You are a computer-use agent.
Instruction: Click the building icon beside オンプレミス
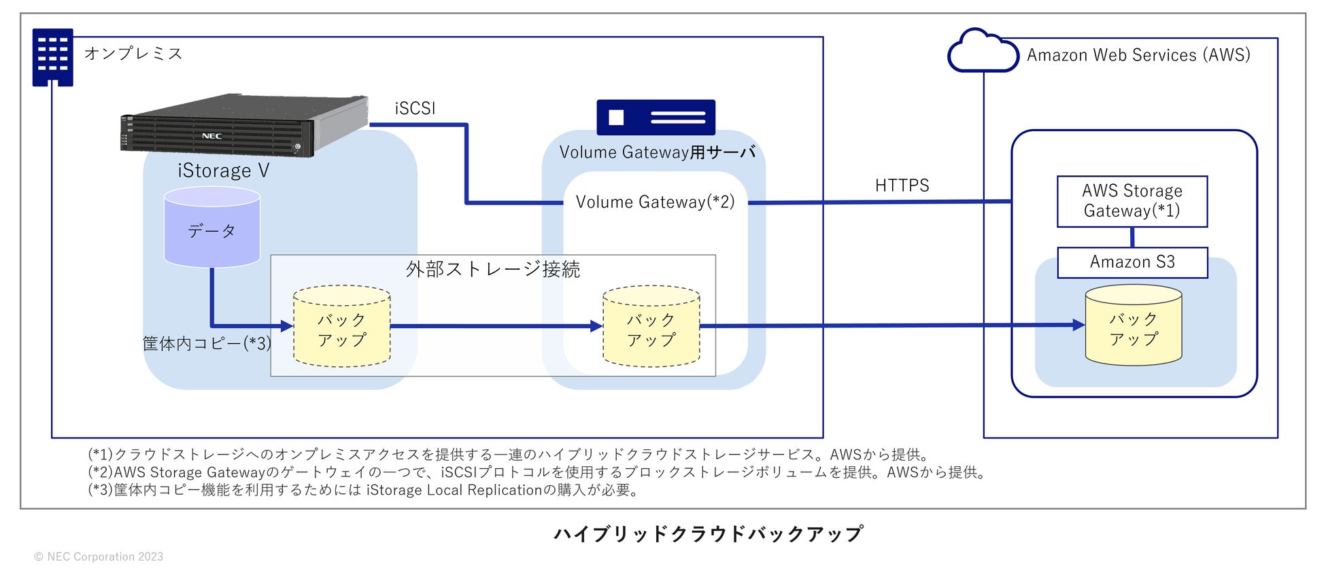click(x=52, y=57)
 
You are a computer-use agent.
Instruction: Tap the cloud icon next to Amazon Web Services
click(x=983, y=50)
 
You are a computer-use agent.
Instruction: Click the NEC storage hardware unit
click(x=244, y=126)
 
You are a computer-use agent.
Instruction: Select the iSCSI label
click(x=415, y=108)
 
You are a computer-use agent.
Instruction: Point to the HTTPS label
click(x=902, y=186)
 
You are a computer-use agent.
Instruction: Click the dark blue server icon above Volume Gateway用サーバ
click(x=656, y=117)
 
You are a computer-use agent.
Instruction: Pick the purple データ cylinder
click(x=212, y=227)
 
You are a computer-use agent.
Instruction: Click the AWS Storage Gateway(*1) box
click(x=1132, y=201)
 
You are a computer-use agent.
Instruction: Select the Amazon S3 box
click(x=1132, y=262)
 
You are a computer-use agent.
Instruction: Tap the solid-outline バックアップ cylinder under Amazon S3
click(x=1134, y=324)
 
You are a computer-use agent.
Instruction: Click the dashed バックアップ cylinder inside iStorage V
click(x=342, y=326)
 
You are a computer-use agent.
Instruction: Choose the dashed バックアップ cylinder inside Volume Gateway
click(x=651, y=326)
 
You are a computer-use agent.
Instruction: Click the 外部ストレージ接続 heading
click(x=493, y=270)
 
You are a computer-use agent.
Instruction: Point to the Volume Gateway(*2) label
click(x=655, y=202)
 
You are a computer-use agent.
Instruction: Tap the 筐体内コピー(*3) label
click(x=207, y=343)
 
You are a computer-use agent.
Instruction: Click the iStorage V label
click(x=224, y=171)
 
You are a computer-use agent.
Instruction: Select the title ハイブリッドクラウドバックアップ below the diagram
click(x=709, y=533)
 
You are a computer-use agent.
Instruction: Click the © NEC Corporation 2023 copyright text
click(x=99, y=557)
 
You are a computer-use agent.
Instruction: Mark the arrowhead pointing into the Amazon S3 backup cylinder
click(x=1079, y=325)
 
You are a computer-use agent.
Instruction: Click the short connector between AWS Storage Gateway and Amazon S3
click(x=1132, y=237)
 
